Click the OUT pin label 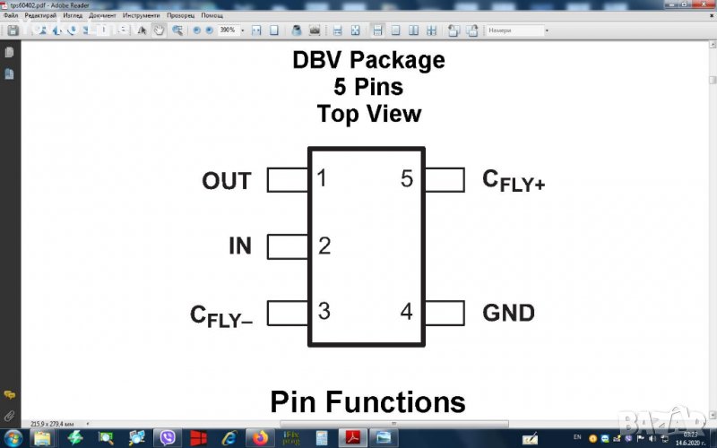(226, 181)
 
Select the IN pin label (239, 246)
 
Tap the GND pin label (508, 313)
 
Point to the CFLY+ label (514, 181)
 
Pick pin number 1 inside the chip (322, 179)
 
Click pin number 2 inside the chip (324, 246)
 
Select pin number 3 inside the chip (324, 312)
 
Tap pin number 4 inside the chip (407, 312)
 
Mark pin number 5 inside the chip (407, 179)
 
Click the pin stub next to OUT (288, 180)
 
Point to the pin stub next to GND (445, 313)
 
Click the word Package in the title (397, 61)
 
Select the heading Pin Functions (367, 401)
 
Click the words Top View (368, 114)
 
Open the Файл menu (11, 16)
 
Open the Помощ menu (212, 16)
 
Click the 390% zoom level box (229, 30)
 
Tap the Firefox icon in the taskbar (261, 438)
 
